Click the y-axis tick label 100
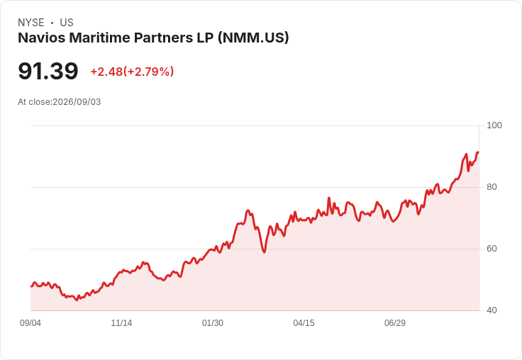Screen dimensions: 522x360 pos(494,125)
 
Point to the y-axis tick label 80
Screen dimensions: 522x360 pos(492,187)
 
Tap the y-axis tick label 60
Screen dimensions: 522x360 pos(492,249)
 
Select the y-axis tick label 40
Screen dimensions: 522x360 pos(492,310)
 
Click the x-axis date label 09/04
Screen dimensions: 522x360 pos(30,322)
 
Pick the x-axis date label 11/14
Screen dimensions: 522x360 pos(121,322)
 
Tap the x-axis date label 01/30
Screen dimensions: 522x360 pos(213,322)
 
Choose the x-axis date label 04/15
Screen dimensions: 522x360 pos(304,322)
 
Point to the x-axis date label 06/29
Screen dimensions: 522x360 pos(395,322)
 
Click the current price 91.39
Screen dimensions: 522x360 pos(48,71)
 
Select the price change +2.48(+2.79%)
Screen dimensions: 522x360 pos(132,72)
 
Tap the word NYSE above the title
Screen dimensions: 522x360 pos(31,23)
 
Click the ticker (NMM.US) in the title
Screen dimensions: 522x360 pos(253,38)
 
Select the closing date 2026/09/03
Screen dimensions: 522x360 pos(77,102)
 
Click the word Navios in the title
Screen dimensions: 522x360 pos(42,38)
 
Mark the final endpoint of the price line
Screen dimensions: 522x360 pos(478,152)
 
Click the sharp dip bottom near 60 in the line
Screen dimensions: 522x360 pos(265,252)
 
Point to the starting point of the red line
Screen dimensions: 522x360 pos(31,286)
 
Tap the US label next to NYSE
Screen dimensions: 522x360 pos(67,23)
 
